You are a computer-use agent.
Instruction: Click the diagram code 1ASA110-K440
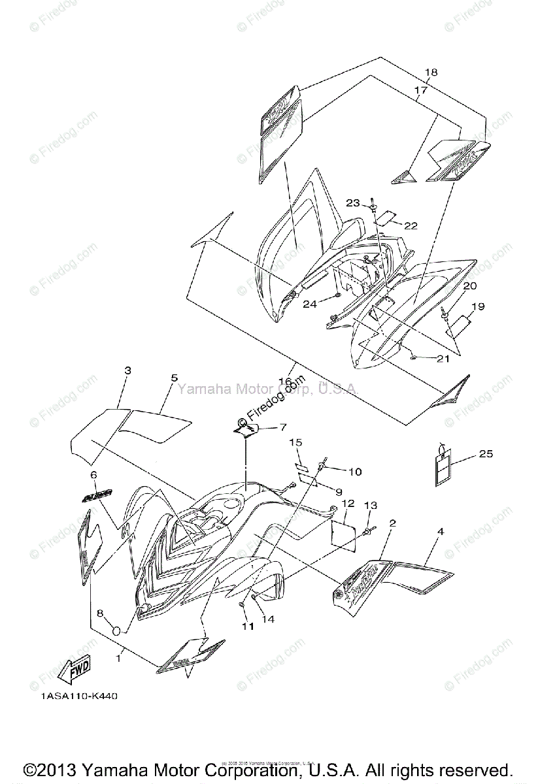(x=80, y=696)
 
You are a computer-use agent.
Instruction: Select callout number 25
(x=486, y=453)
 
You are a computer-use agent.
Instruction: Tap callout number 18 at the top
(x=431, y=73)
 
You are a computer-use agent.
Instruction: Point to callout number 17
(x=420, y=90)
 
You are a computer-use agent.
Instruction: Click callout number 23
(x=353, y=203)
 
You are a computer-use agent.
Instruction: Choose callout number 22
(x=411, y=225)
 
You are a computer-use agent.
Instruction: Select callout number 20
(x=470, y=286)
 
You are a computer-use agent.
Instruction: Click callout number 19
(x=478, y=306)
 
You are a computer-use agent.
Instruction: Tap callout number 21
(x=444, y=359)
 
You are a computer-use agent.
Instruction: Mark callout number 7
(x=282, y=427)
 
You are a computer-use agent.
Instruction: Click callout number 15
(x=295, y=442)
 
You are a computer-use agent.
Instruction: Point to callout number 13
(x=370, y=505)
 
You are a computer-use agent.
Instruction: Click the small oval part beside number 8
(x=117, y=630)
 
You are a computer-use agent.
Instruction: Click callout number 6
(x=93, y=475)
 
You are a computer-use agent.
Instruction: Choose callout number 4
(x=441, y=532)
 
